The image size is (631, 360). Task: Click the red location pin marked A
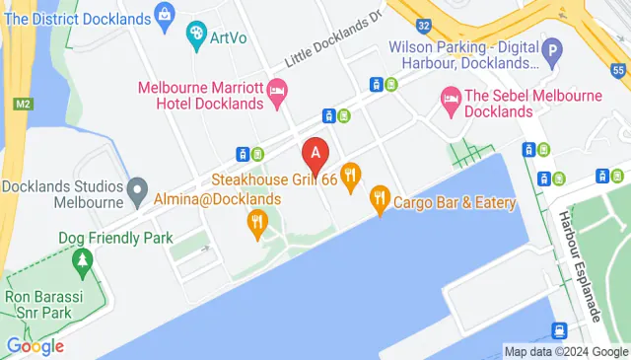click(x=315, y=155)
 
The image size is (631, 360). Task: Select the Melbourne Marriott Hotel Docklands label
click(x=200, y=96)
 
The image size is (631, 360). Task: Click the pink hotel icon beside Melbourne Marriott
click(x=278, y=96)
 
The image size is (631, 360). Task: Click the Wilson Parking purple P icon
click(x=554, y=47)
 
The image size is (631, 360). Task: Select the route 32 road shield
click(x=422, y=25)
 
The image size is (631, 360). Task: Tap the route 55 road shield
click(x=617, y=70)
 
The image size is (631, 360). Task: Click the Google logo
click(x=35, y=345)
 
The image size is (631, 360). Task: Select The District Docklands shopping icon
click(x=165, y=17)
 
